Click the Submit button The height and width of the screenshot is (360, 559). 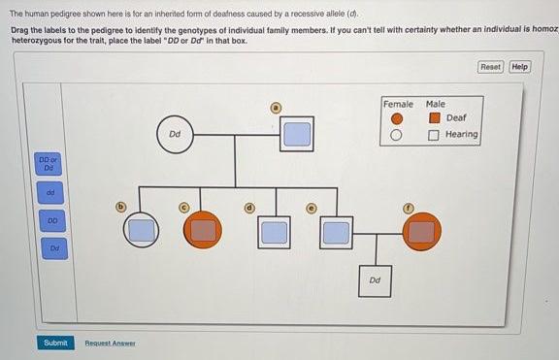point(55,343)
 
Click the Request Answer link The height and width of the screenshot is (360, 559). point(110,344)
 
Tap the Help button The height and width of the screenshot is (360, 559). point(520,67)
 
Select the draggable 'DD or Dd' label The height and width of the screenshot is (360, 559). point(49,164)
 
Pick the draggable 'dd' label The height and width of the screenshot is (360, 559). point(50,192)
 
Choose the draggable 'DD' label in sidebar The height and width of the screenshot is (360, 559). point(52,221)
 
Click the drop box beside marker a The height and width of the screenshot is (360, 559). point(297,134)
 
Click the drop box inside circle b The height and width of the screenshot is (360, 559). point(142,230)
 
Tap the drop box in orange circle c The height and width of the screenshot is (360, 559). point(203,231)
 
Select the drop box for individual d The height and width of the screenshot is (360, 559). point(274,232)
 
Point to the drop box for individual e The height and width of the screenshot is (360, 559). point(336,232)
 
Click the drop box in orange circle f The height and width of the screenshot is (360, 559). point(422,232)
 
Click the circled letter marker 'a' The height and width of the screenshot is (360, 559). point(276,108)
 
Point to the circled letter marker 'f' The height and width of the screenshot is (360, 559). point(409,209)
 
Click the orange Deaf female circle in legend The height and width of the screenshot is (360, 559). point(397,118)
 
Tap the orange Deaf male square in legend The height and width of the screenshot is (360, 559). point(434,117)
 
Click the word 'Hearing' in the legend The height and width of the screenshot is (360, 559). point(462,134)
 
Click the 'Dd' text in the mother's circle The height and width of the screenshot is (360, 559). point(175,134)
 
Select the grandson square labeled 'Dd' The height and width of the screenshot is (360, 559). point(375,280)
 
